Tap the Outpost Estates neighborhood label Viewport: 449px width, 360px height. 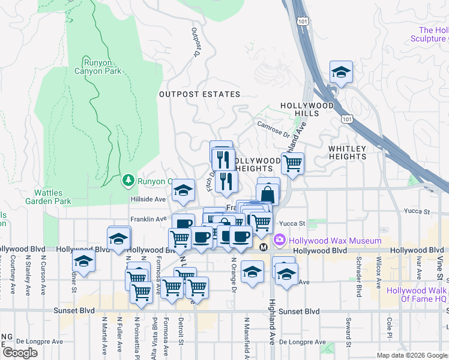(x=199, y=94)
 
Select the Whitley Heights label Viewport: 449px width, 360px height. (x=347, y=152)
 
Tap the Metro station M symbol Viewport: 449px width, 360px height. (x=263, y=247)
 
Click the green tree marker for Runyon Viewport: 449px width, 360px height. (x=128, y=180)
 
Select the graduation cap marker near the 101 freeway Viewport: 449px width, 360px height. (x=341, y=73)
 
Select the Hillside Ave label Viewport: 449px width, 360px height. (x=148, y=199)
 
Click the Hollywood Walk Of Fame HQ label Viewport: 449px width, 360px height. (x=417, y=295)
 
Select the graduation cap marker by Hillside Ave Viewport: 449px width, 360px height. (x=183, y=191)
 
